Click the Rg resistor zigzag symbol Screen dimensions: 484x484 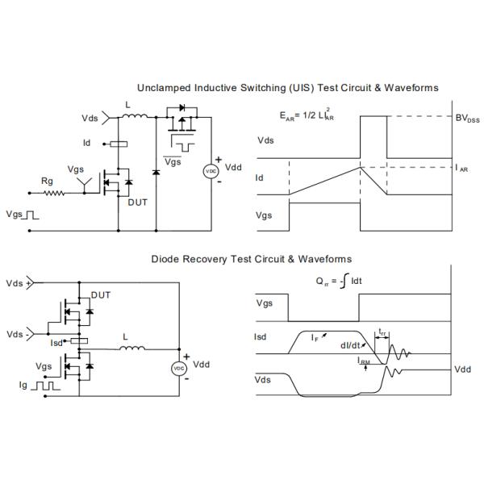(x=54, y=194)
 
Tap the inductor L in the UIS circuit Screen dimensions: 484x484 (x=135, y=115)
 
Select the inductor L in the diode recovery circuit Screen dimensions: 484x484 (x=132, y=348)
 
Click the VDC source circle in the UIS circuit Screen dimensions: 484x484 (x=211, y=171)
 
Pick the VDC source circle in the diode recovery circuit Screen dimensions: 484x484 (x=179, y=369)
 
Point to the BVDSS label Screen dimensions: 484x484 (x=467, y=119)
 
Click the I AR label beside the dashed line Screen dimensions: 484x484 (x=461, y=169)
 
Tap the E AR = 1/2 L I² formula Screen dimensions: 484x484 (x=307, y=115)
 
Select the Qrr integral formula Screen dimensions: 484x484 (x=339, y=282)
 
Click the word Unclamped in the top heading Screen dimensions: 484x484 (x=164, y=88)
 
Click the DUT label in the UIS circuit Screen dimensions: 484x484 (x=138, y=202)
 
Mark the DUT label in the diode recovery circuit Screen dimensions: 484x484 (x=101, y=295)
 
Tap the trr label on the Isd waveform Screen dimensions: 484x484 (x=382, y=332)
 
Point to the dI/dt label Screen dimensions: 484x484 (x=350, y=345)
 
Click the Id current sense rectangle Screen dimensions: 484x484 (x=119, y=144)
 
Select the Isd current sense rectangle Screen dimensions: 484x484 (x=79, y=340)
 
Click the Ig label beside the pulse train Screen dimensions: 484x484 (x=23, y=385)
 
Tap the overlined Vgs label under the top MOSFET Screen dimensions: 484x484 (x=173, y=161)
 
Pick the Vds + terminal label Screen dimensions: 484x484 (x=19, y=283)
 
